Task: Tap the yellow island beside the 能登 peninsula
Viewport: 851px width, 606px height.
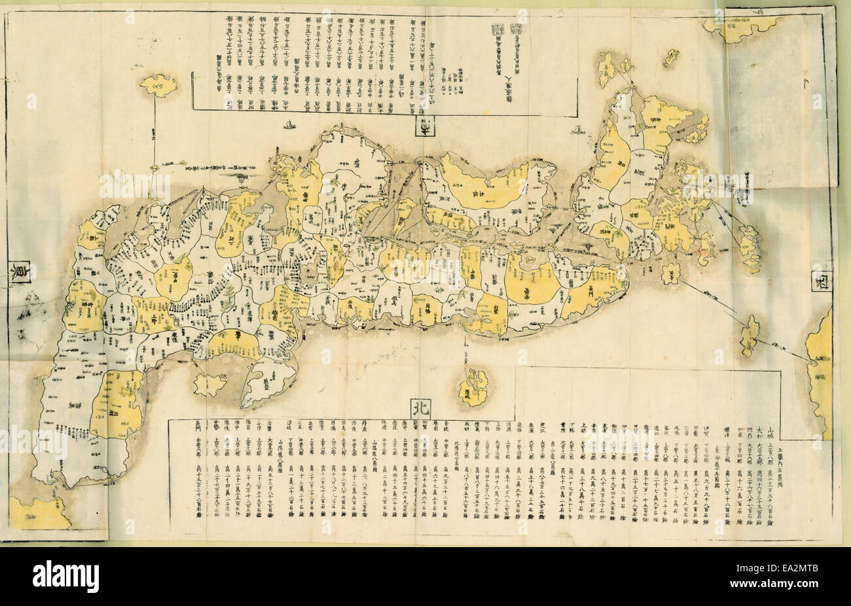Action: (x=208, y=382)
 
